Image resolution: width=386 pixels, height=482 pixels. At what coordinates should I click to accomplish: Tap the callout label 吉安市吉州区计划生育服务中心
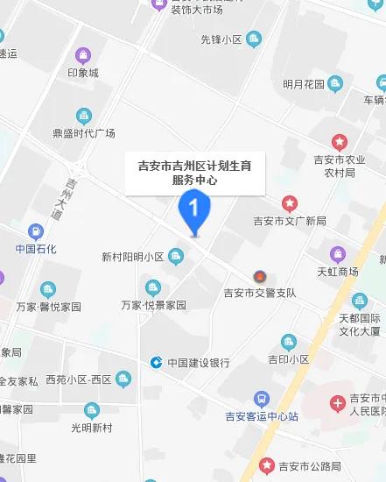pyautogui.click(x=194, y=171)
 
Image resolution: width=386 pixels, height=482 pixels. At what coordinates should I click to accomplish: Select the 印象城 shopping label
pyautogui.click(x=84, y=72)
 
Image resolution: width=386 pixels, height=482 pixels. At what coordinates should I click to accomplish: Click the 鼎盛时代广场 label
pyautogui.click(x=84, y=133)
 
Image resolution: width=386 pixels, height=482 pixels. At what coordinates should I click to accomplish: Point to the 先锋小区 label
pyautogui.click(x=221, y=39)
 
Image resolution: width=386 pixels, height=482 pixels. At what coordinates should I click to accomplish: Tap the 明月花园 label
pyautogui.click(x=304, y=84)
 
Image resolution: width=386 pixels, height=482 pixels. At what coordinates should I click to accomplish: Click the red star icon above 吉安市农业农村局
pyautogui.click(x=339, y=142)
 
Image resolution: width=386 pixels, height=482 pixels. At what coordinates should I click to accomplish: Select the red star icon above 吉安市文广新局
pyautogui.click(x=288, y=203)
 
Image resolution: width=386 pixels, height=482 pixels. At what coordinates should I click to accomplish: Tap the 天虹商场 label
pyautogui.click(x=338, y=272)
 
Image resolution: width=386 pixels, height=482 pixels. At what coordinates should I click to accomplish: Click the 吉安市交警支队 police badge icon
pyautogui.click(x=259, y=276)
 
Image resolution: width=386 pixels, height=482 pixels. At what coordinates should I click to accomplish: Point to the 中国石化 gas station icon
pyautogui.click(x=36, y=232)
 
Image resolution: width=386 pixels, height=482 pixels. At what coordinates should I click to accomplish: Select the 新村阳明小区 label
pyautogui.click(x=133, y=257)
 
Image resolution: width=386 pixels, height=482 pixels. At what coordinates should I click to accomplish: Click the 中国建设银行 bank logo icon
pyautogui.click(x=155, y=362)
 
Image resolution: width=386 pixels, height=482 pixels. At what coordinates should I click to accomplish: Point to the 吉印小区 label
pyautogui.click(x=289, y=359)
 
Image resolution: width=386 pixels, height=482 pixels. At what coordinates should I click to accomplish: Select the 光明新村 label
pyautogui.click(x=91, y=427)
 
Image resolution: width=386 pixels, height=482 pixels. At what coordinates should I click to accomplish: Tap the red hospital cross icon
pyautogui.click(x=338, y=404)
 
